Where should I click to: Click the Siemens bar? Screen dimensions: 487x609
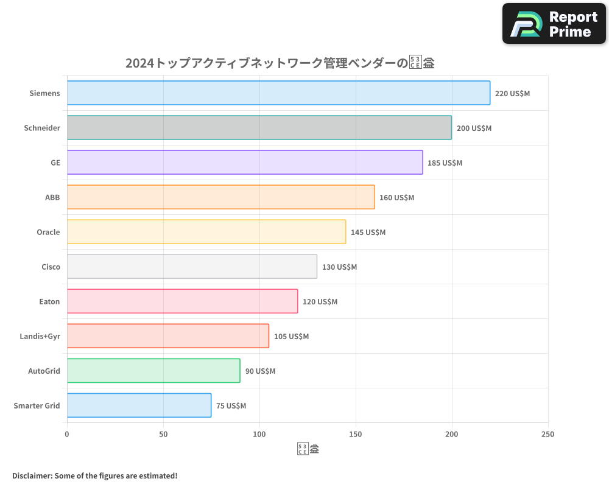point(278,93)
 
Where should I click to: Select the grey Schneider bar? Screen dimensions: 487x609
point(259,128)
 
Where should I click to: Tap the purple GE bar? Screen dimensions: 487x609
point(245,163)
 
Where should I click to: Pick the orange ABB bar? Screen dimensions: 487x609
point(220,197)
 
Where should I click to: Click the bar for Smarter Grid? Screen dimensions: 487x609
point(139,405)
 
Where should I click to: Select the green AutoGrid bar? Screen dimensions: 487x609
point(153,371)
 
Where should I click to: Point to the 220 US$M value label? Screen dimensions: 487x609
point(512,94)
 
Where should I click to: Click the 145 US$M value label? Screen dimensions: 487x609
point(368,233)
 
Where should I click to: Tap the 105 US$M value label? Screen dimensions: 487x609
point(291,337)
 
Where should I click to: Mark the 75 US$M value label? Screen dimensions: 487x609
point(231,406)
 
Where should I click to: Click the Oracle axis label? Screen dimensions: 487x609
point(48,232)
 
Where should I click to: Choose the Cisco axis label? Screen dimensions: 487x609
point(51,267)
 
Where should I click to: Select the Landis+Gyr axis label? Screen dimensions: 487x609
point(40,336)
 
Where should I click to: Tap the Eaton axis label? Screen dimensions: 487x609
point(49,301)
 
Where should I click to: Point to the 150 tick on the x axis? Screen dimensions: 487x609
point(356,434)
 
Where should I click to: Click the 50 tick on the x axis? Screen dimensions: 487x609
point(163,434)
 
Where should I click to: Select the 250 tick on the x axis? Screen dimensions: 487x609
point(547,434)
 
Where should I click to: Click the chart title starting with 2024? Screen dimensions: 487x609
point(280,63)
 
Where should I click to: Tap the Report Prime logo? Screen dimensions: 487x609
point(554,24)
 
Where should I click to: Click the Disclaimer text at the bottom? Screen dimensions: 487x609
point(94,475)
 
